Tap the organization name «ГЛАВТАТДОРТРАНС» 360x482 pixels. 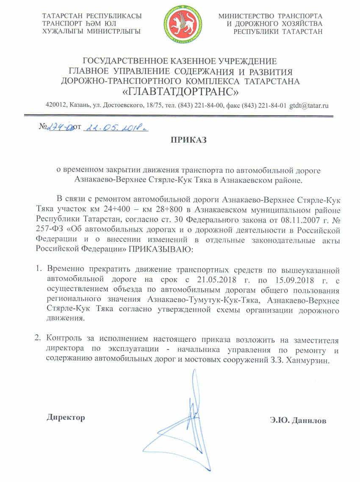click(180, 91)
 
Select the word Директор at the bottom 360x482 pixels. click(66, 417)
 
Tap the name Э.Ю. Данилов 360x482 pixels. click(298, 421)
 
